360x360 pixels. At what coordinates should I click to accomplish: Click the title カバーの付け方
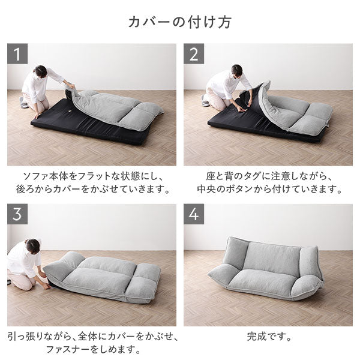180,22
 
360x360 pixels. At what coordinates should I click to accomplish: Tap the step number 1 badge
18,54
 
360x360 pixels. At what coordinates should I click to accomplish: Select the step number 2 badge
194,54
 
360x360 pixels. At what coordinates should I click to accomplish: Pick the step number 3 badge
18,214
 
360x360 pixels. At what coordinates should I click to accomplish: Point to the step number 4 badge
194,214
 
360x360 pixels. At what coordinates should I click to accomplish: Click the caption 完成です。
268,337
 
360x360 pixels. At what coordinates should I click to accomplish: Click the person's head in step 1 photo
40,71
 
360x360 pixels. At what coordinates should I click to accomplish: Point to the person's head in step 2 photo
236,70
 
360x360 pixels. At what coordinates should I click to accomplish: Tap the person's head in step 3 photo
33,246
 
